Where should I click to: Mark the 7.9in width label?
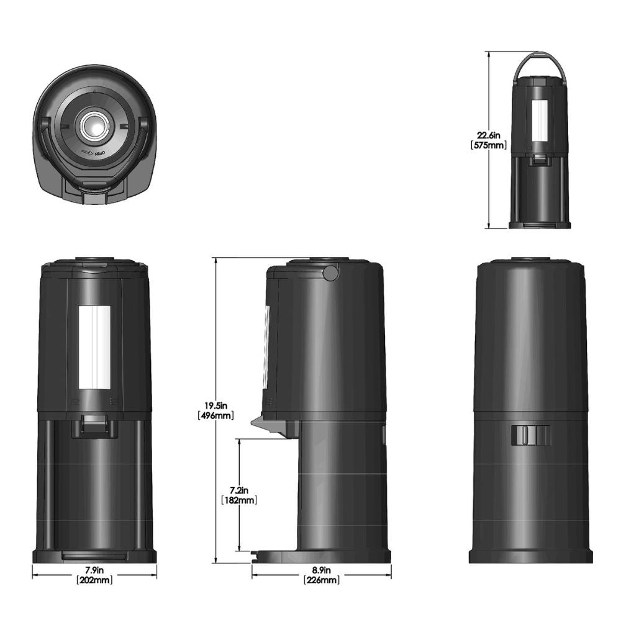94,571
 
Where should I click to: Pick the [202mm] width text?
94,581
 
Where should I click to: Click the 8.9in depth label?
321,571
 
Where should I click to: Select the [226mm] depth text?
321,581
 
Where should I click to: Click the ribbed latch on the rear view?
531,435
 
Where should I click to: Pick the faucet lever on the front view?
94,427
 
